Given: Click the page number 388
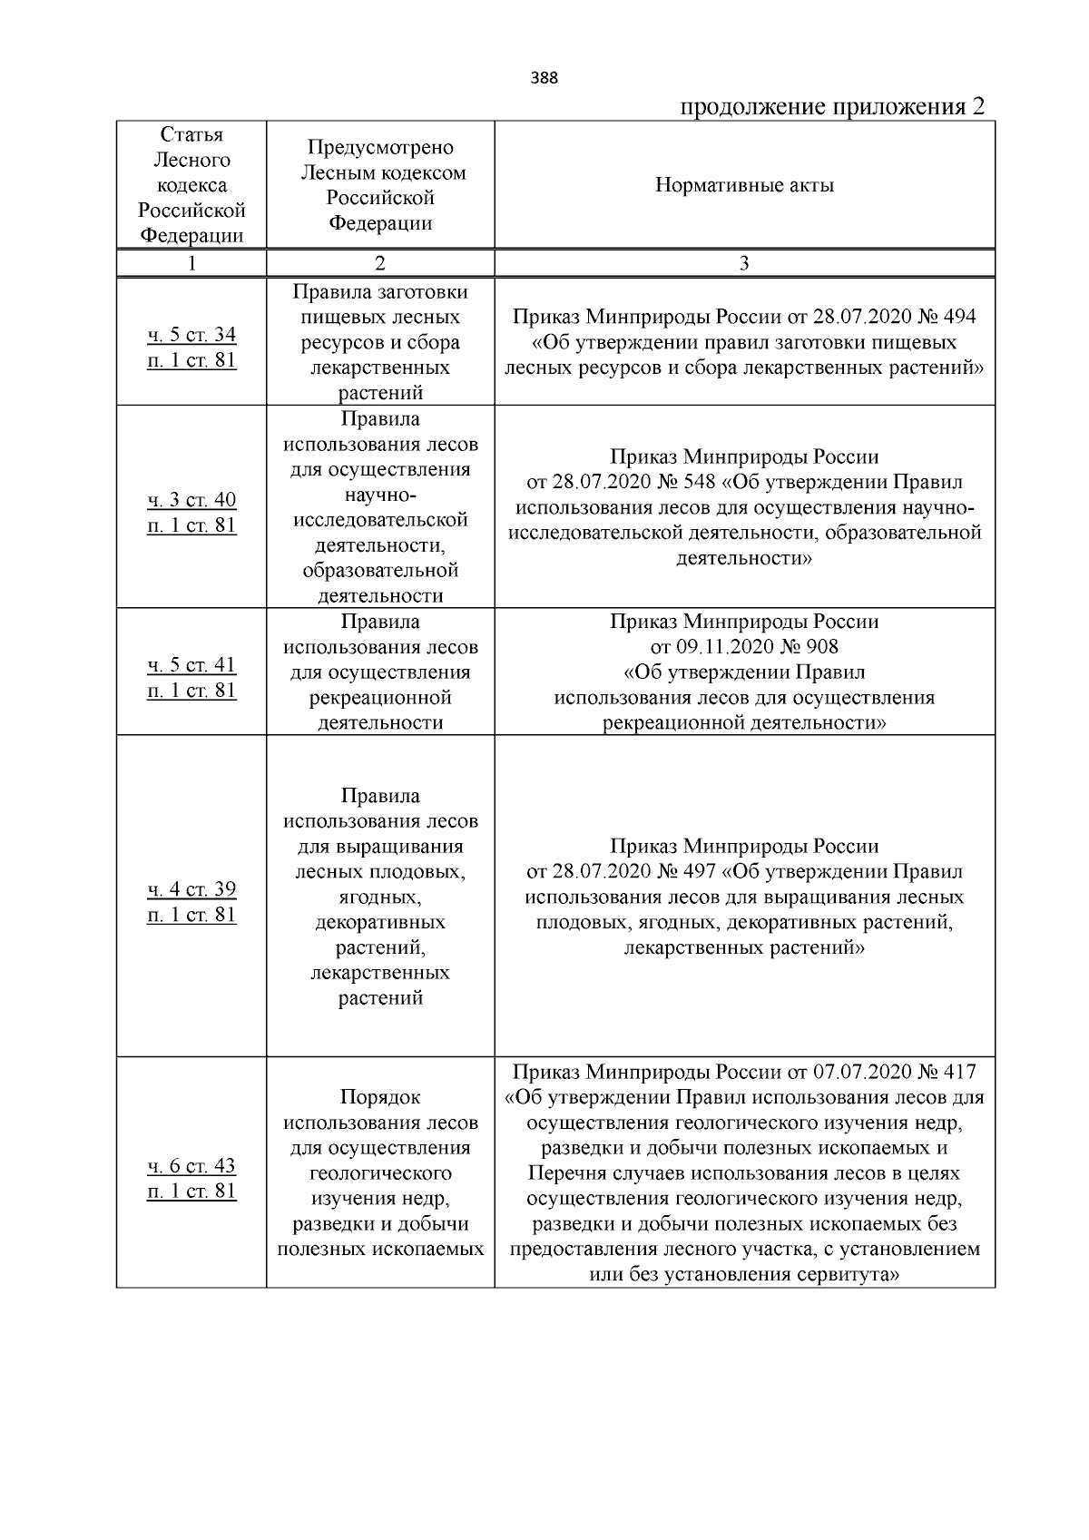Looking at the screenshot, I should coord(544,78).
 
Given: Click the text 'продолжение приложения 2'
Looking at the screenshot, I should coord(832,107).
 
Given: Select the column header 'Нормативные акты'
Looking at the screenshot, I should coord(744,186).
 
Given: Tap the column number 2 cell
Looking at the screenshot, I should coord(379,263).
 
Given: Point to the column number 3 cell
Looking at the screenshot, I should coord(744,263).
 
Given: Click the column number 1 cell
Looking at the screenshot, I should coord(191,263).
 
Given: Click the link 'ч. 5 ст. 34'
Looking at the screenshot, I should coord(191,335).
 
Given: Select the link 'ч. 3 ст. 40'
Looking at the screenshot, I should coord(191,500).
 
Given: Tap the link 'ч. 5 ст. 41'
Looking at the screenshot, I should coord(191,665).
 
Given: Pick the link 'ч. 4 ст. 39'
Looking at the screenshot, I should coord(191,889).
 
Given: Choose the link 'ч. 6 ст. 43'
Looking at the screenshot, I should coord(191,1166).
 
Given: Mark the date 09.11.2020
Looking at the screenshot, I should coord(727,647).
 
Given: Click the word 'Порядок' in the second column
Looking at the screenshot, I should coord(379,1097).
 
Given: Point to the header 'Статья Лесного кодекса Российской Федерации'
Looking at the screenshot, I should coord(191,185).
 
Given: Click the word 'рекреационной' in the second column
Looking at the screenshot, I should coord(380,698).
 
